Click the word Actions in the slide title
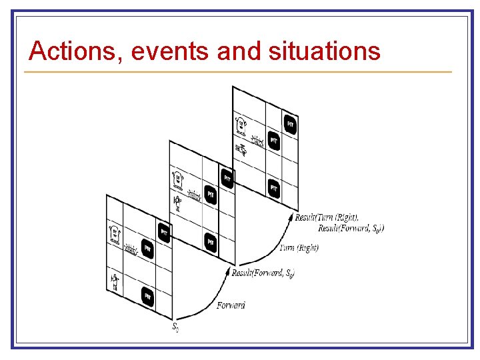71,51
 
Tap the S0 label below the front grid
175,327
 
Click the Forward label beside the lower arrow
231,305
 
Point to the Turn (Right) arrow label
299,248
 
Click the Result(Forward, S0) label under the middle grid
263,273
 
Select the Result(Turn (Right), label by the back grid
326,217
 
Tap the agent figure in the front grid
115,281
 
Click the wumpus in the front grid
114,234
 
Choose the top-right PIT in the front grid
164,231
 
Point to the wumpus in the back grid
240,124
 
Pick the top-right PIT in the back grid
289,125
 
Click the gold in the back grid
257,141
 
